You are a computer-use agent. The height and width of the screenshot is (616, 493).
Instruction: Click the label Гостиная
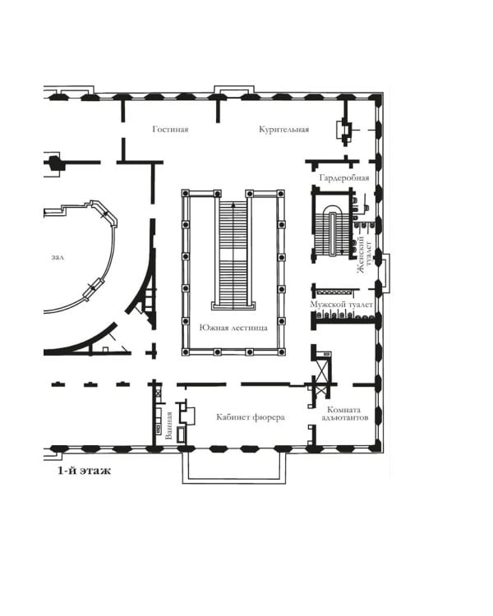(170, 129)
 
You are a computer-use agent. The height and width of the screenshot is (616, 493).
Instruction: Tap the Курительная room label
(283, 129)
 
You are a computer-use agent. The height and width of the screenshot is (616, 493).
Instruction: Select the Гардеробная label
(344, 178)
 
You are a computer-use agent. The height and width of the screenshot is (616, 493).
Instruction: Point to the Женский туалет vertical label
(364, 254)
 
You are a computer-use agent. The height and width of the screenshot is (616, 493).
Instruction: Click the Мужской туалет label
(341, 305)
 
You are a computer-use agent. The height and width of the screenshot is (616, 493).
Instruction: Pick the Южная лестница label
(233, 328)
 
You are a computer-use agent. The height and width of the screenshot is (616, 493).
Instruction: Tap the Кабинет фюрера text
(251, 416)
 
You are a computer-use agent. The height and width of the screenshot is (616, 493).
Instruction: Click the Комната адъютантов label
(345, 414)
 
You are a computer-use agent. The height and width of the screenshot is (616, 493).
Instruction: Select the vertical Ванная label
(169, 425)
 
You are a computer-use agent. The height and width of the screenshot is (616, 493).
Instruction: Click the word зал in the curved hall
(58, 258)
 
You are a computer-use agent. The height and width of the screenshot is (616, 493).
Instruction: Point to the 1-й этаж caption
(84, 471)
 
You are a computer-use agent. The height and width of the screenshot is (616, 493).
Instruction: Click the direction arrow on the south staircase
(233, 205)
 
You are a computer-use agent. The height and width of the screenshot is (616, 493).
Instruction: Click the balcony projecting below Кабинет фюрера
(234, 467)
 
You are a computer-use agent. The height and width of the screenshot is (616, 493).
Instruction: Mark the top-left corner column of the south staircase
(186, 194)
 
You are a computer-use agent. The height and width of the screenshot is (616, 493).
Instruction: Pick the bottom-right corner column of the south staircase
(281, 352)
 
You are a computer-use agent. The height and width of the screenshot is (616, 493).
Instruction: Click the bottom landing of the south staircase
(233, 306)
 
